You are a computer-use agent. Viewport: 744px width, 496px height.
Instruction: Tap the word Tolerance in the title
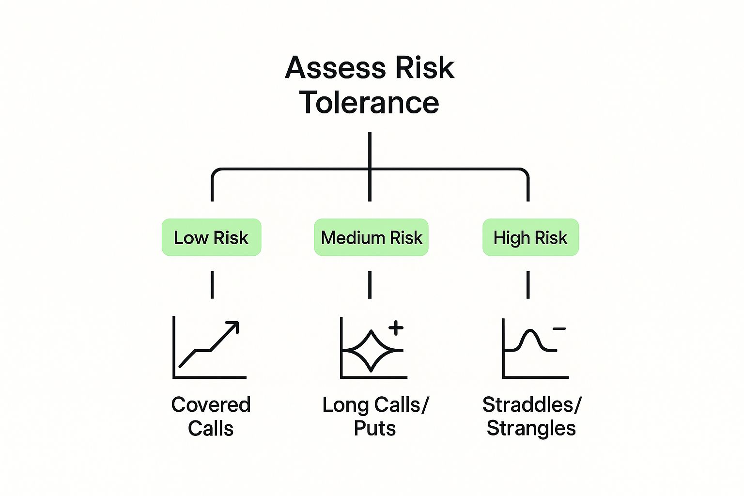pos(370,103)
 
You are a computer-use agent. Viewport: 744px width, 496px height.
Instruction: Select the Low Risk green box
pos(211,237)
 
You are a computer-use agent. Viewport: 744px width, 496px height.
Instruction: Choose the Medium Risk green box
pos(371,237)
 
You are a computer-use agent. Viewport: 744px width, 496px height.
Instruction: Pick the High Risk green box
pos(530,237)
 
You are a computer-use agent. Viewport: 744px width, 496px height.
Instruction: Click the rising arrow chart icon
pos(209,347)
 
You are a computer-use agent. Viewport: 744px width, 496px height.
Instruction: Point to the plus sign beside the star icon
pos(396,328)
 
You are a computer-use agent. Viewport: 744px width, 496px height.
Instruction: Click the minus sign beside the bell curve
pos(559,329)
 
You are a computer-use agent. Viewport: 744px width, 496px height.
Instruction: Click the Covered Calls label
pos(211,416)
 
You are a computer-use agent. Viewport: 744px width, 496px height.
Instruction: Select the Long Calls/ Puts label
pos(375,416)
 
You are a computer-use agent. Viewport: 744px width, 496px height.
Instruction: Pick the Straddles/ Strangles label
pos(531,416)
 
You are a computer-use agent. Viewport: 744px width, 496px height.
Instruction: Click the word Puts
pos(375,428)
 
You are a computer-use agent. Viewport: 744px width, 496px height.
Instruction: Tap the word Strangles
pos(531,428)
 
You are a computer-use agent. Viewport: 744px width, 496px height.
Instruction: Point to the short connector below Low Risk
pos(212,285)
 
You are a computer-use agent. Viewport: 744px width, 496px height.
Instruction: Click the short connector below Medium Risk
pos(370,285)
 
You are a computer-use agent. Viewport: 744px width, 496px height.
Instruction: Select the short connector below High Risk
pos(528,285)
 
